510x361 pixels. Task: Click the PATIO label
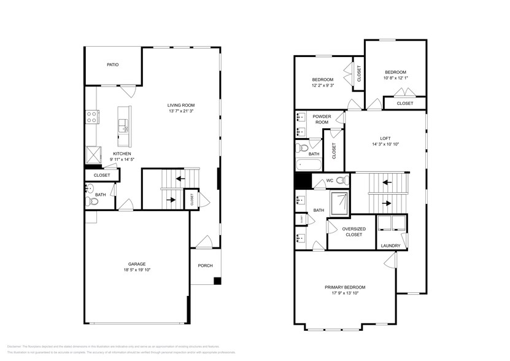(112, 64)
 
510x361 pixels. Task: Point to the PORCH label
(205, 266)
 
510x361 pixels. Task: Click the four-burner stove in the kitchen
(91, 116)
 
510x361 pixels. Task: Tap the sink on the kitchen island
(124, 127)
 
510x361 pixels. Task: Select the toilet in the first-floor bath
(93, 201)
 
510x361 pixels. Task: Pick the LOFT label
(385, 138)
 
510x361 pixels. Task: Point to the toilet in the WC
(344, 180)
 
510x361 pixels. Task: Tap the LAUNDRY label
(390, 246)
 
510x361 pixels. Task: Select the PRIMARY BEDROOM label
(345, 287)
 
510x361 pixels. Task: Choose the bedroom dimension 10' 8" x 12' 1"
(395, 77)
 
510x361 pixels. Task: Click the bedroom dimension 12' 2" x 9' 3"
(322, 86)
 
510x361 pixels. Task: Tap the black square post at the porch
(217, 281)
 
